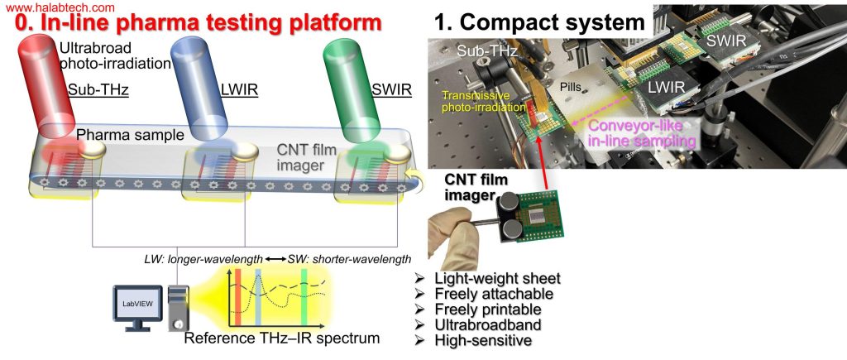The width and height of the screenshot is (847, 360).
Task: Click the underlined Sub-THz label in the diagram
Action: click(x=98, y=90)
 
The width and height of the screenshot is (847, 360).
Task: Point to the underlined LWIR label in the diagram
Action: click(x=238, y=90)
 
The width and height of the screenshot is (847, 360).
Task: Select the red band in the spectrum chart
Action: click(x=237, y=297)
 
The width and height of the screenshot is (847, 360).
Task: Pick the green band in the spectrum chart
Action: click(x=304, y=297)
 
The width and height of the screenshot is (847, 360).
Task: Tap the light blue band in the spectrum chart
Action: click(x=258, y=297)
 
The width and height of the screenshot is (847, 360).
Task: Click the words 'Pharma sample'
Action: click(x=130, y=135)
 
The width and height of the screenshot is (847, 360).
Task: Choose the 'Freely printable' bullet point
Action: click(x=481, y=310)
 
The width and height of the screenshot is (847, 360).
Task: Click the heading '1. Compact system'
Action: click(x=539, y=22)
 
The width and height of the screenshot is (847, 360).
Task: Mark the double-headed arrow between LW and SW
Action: click(x=276, y=260)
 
